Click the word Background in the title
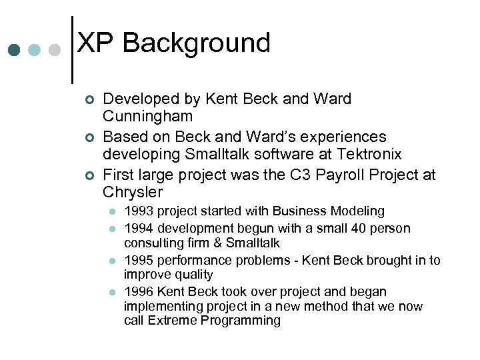point(197,43)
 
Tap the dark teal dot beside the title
point(14,50)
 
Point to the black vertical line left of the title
point(72,49)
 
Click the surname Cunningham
point(147,117)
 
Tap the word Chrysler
point(133,193)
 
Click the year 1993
point(138,211)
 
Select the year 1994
point(138,229)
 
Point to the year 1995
point(138,261)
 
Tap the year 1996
point(138,292)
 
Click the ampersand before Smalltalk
point(217,243)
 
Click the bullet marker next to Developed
point(90,99)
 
